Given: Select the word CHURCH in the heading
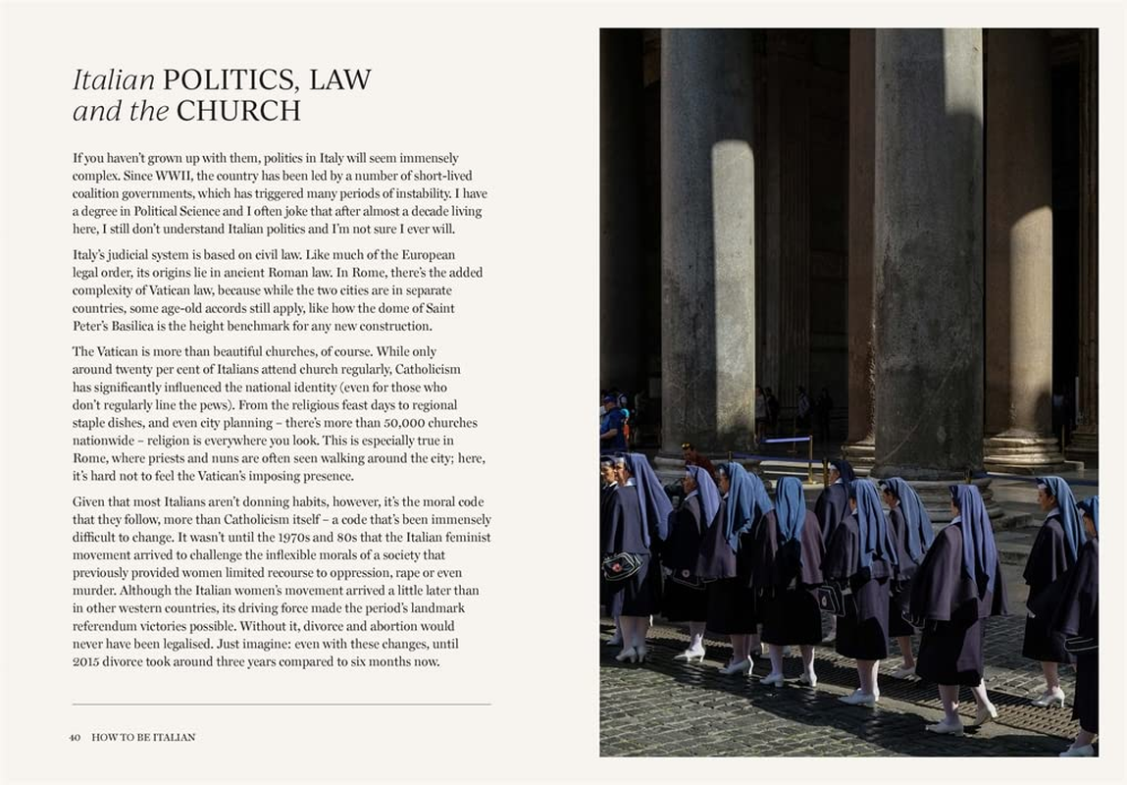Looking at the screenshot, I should [238, 112].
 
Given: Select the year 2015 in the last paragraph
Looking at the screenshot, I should [86, 662].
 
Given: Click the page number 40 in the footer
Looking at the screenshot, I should [76, 737].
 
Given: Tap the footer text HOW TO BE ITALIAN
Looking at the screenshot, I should [143, 737].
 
